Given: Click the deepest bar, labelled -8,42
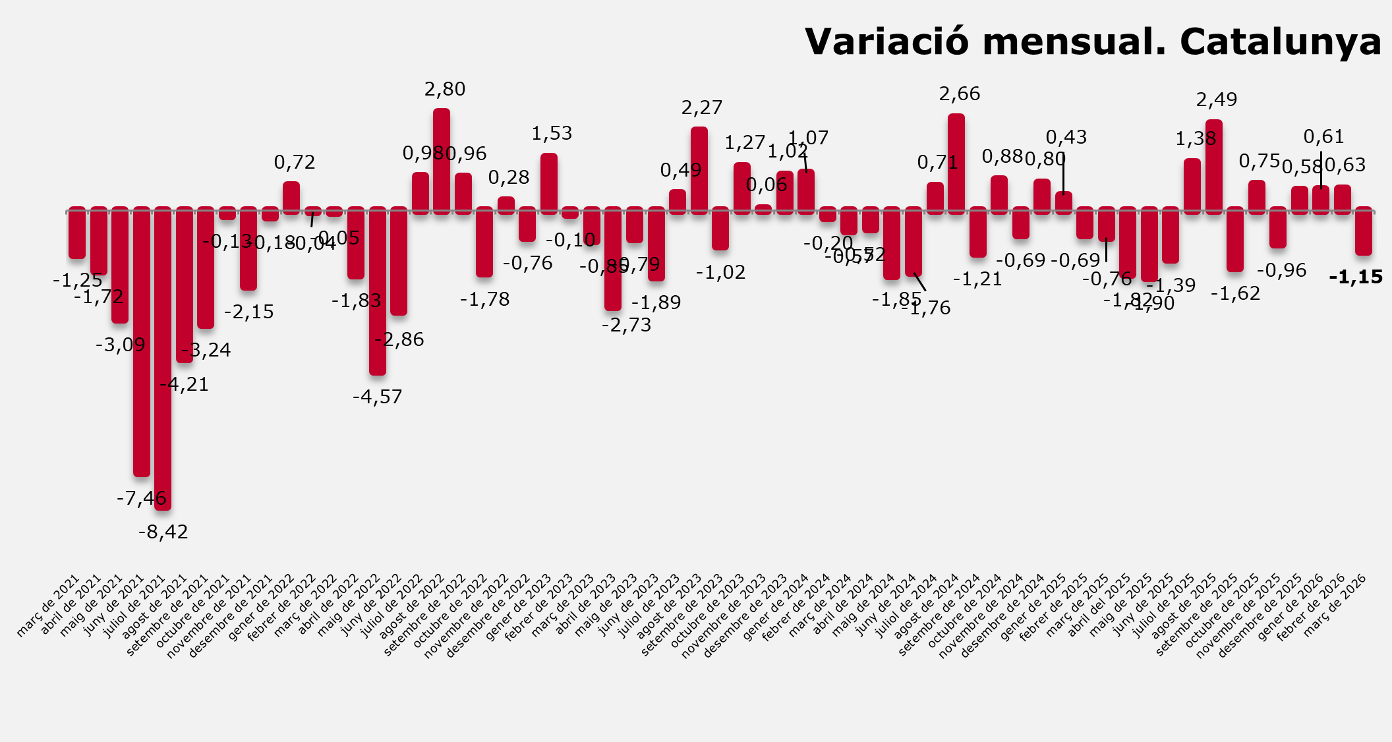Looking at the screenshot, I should click(163, 359).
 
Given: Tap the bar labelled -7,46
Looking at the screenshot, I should click(142, 343).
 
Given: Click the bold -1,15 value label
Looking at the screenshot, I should click(1356, 277).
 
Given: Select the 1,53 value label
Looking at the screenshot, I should click(552, 134).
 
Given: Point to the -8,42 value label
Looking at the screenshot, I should click(163, 532).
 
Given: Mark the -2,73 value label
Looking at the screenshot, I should click(626, 325).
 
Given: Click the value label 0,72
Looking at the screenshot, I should click(295, 162).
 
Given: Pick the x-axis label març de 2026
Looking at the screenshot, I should click(1337, 604).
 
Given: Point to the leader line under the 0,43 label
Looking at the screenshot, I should click(1063, 173).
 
